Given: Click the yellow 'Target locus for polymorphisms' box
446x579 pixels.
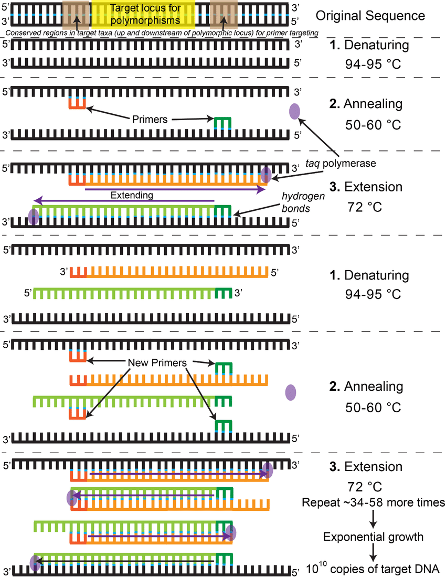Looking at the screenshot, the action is click(x=143, y=14).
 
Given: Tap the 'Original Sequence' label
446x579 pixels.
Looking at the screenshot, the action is click(x=370, y=16).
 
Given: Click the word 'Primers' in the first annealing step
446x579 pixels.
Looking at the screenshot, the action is click(x=150, y=119).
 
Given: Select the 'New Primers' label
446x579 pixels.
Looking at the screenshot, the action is click(x=157, y=362).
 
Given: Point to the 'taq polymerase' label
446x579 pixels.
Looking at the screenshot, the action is click(x=341, y=163).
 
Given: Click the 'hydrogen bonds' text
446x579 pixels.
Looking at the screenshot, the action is click(x=303, y=202).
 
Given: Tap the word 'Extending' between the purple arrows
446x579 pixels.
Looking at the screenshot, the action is click(x=132, y=195).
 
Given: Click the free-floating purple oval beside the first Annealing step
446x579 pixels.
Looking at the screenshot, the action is click(x=294, y=111).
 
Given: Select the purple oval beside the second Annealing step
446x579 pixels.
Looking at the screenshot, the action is click(x=291, y=392).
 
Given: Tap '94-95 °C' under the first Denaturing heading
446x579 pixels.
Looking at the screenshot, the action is click(x=373, y=65).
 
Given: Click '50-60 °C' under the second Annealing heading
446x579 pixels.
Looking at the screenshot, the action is click(x=373, y=408).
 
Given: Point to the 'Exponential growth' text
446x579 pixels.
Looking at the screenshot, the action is click(x=373, y=537).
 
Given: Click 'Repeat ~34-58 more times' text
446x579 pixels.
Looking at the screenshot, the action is click(x=373, y=502).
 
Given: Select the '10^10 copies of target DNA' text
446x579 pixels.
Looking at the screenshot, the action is click(x=373, y=569).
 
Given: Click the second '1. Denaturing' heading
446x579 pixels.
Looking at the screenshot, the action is click(x=369, y=275).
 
